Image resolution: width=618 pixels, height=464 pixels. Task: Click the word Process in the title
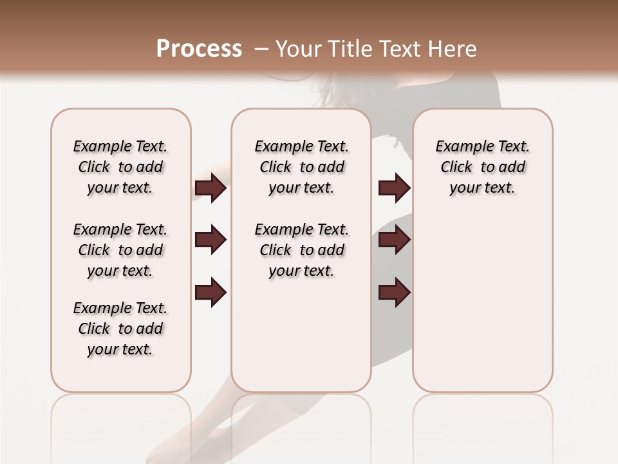click(x=198, y=49)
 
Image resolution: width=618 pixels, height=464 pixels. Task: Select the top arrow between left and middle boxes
click(x=211, y=188)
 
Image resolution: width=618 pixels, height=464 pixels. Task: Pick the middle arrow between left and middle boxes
click(x=211, y=240)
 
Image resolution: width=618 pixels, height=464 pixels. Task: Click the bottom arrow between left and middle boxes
click(x=211, y=293)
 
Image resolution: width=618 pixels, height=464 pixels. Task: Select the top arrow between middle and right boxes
click(x=394, y=188)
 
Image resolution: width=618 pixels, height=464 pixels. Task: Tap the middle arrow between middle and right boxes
click(x=394, y=240)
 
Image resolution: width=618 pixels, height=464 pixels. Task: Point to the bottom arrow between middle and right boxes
click(x=394, y=293)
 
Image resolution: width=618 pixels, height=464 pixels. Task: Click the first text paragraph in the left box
click(x=120, y=167)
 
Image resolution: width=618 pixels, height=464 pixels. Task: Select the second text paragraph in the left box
click(x=120, y=250)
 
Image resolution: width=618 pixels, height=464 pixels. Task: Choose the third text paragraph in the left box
click(x=120, y=329)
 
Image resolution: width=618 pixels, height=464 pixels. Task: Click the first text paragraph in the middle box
click(x=301, y=167)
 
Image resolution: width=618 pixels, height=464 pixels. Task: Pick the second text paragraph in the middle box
click(x=301, y=250)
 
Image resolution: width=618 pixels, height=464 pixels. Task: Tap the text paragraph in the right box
click(x=482, y=167)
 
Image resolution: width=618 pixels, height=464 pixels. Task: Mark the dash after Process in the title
click(x=260, y=49)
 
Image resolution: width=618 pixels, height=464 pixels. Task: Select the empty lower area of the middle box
click(x=301, y=335)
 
